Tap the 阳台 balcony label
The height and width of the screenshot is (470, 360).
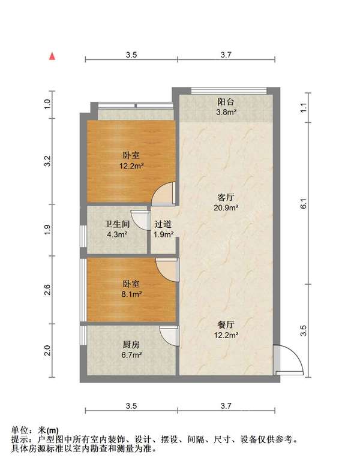(x=226, y=101)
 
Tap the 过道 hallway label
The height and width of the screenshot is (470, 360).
(x=163, y=224)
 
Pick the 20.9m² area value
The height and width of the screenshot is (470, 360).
(x=226, y=207)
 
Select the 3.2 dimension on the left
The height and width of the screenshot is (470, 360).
(x=52, y=160)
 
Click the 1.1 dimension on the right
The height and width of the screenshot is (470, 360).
(x=304, y=109)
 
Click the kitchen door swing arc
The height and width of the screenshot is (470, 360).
(x=169, y=336)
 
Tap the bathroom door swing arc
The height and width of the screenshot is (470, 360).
(x=142, y=221)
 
